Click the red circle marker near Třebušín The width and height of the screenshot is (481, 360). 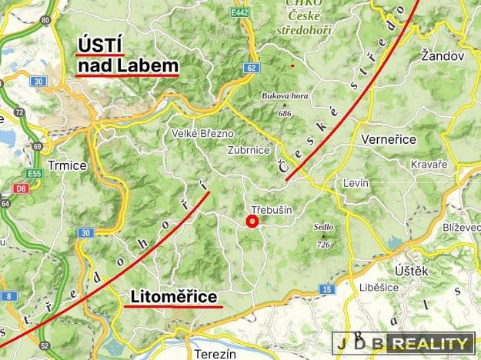click(251, 222)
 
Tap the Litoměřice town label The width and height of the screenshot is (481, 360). click(173, 296)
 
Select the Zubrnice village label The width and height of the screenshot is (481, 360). click(249, 151)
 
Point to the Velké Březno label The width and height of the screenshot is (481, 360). click(202, 134)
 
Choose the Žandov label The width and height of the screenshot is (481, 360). click(444, 56)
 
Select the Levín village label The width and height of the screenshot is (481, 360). click(356, 183)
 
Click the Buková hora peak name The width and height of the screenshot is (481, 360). click(286, 95)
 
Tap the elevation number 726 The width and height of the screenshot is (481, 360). click(322, 245)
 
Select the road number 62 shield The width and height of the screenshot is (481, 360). click(251, 68)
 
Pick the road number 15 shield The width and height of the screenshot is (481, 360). click(326, 288)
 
